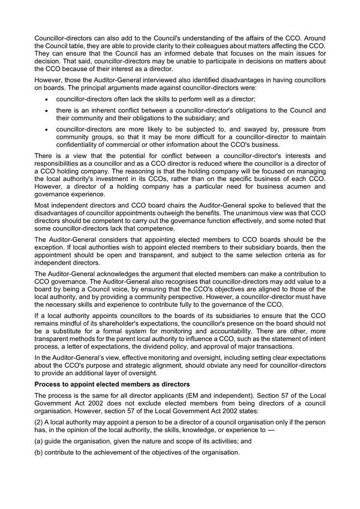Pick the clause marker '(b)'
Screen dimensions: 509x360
coord(40,452)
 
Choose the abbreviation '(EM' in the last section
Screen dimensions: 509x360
coord(199,396)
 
